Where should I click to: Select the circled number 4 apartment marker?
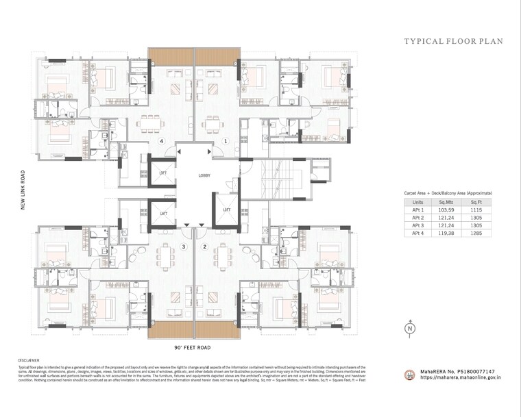click(x=162, y=141)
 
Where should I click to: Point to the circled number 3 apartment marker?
click(x=183, y=246)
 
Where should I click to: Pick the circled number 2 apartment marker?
click(x=204, y=246)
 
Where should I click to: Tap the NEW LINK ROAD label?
click(x=23, y=190)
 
